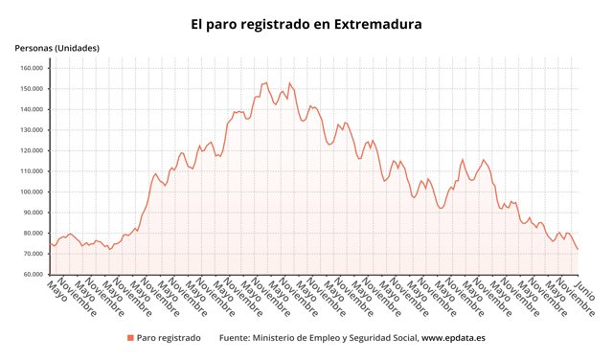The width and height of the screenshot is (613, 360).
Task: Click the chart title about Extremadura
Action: click(x=306, y=24)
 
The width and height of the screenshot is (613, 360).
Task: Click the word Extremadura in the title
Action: click(x=377, y=24)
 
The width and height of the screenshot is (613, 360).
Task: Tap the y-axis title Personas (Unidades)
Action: click(x=57, y=48)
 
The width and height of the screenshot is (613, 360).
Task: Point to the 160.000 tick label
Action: click(x=32, y=68)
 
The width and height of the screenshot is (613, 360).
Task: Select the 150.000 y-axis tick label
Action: click(x=32, y=89)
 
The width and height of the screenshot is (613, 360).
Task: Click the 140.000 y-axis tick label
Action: click(x=32, y=109)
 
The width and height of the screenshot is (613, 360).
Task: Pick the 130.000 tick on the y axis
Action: click(x=32, y=130)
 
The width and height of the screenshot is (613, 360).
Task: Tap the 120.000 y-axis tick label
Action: click(x=32, y=150)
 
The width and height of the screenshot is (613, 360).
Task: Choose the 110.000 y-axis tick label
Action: click(x=32, y=171)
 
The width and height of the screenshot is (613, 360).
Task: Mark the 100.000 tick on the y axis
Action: click(x=32, y=191)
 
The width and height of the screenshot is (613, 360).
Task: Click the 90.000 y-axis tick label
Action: click(x=34, y=213)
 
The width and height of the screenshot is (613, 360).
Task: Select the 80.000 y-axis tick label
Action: click(x=34, y=234)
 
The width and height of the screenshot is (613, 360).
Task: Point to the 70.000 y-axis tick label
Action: click(x=34, y=254)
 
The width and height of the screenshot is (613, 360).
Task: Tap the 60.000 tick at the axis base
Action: click(x=34, y=275)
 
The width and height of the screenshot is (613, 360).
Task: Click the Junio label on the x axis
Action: click(x=585, y=289)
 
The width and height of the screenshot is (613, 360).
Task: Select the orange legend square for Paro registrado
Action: click(x=130, y=338)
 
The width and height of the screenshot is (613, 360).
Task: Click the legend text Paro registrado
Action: click(x=169, y=338)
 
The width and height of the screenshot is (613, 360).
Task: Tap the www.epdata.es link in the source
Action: click(x=453, y=338)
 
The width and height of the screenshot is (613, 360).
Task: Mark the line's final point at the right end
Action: click(x=578, y=249)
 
